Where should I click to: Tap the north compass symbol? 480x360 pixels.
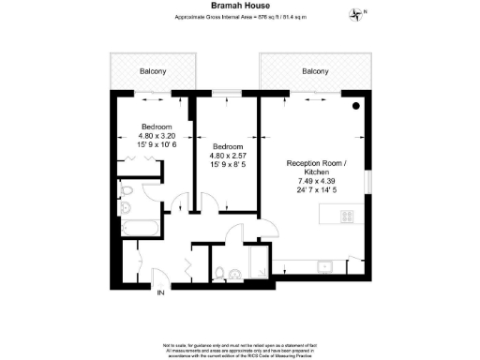355,13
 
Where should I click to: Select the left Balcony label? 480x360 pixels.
154,71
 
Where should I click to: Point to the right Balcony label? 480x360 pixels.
315,71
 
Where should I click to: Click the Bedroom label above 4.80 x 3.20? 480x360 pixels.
157,127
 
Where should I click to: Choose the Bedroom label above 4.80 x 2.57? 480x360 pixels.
228,146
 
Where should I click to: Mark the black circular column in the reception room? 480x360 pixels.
357,107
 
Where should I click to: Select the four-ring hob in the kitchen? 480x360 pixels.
346,216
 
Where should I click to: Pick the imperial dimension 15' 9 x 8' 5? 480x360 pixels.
228,164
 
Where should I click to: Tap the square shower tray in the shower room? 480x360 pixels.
253,267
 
